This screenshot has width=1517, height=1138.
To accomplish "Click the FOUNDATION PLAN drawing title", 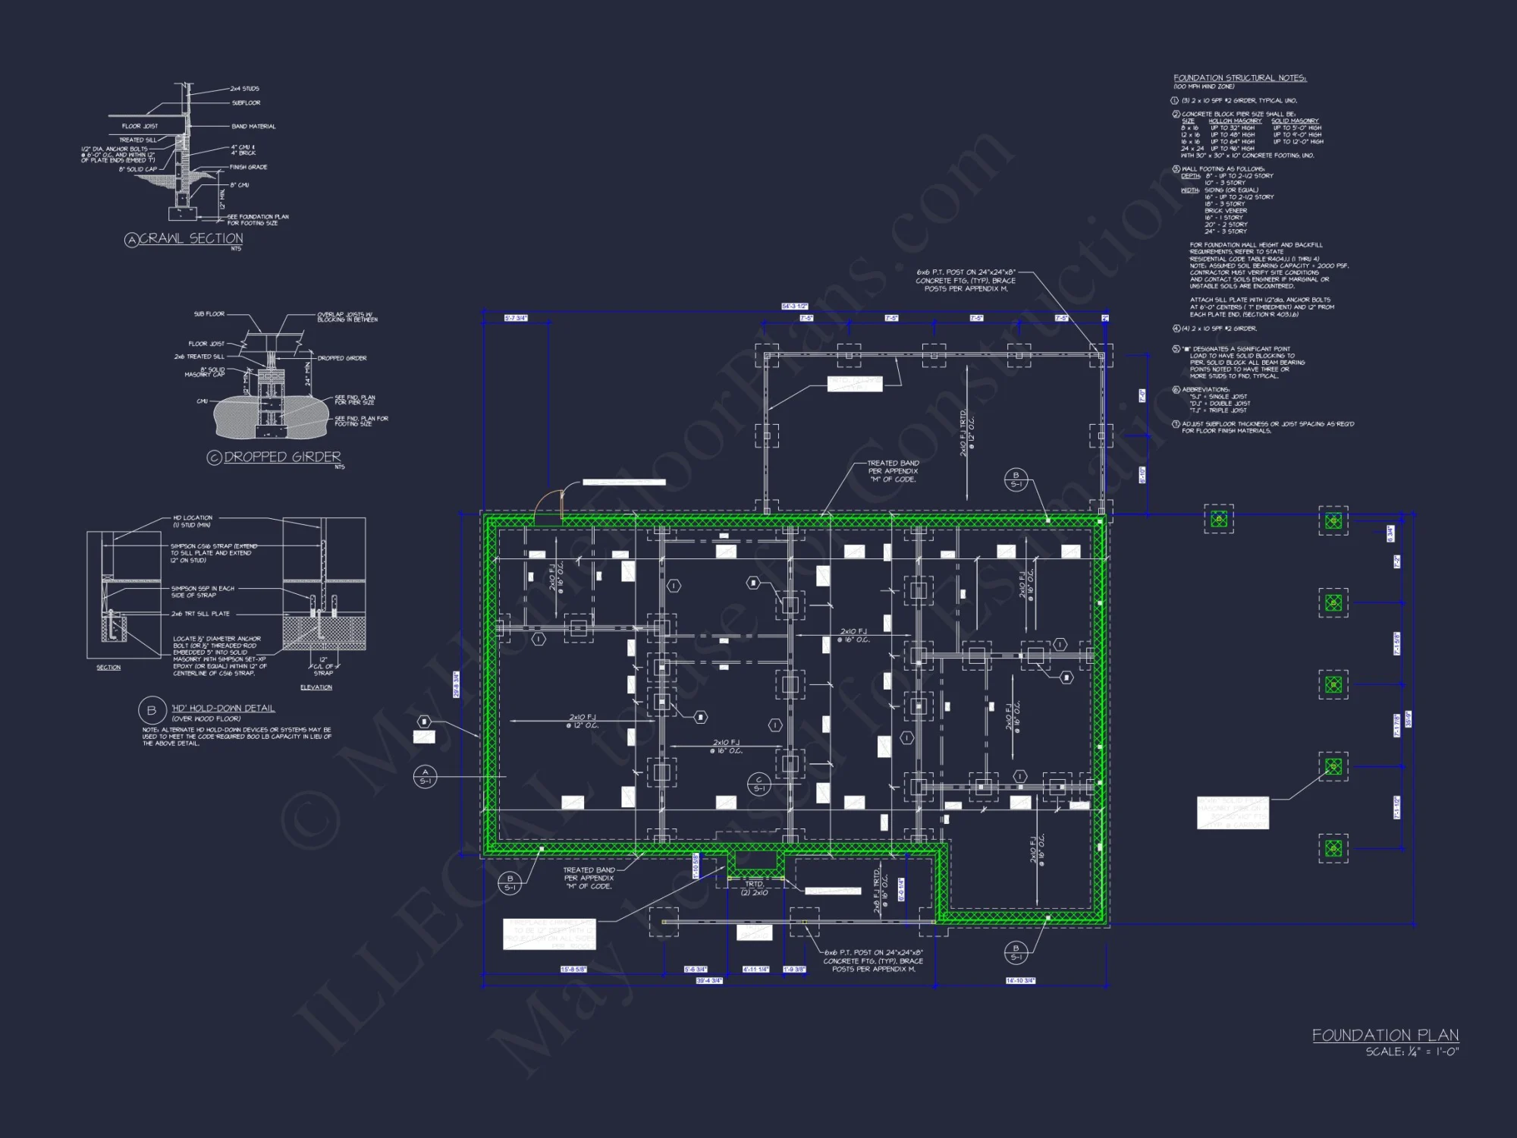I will coord(1385,1036).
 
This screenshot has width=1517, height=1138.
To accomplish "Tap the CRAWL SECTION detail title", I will coord(190,239).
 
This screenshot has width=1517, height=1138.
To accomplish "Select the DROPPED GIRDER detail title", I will coord(282,457).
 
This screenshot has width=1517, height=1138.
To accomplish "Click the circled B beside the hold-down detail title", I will coord(151,710).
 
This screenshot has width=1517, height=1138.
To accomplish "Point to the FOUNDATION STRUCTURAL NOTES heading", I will coord(1239,78).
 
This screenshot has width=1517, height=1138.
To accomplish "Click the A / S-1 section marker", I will coord(425,776).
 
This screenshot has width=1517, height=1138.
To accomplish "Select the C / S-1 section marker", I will coord(758,784).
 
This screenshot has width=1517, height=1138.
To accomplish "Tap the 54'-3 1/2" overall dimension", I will coord(794,307).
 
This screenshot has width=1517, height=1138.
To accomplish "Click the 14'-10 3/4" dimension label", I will coord(1020,981).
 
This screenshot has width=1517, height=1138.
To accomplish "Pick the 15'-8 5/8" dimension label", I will coord(573,970).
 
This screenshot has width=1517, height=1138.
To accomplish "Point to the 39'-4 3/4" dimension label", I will coord(709,981).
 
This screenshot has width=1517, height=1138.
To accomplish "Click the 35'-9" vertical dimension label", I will coord(1408,719).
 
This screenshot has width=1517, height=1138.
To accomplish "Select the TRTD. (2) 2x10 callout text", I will coord(754,888).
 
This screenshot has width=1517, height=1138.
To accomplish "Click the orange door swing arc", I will coord(548,501).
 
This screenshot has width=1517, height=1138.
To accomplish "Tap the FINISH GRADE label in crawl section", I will coord(249,167).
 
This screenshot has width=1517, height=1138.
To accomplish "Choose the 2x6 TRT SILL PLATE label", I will coord(200,614).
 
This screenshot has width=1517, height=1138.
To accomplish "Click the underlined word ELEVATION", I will coord(316,687).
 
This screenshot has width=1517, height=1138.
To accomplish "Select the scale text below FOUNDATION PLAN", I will coord(1412,1052).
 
